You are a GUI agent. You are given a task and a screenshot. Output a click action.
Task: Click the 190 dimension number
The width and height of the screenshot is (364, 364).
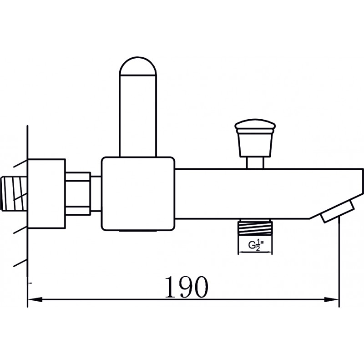(x=187, y=287)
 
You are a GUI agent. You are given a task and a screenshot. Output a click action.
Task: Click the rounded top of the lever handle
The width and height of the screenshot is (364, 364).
(x=138, y=66)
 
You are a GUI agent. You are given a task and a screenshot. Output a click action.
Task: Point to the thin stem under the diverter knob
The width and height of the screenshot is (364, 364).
(x=255, y=162)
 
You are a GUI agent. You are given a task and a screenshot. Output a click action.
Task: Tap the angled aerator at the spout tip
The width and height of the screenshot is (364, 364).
(x=338, y=211)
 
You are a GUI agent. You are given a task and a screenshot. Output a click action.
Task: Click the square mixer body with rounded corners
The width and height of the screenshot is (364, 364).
(x=138, y=194)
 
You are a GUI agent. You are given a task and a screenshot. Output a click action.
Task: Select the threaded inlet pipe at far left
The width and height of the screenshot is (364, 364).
(x=14, y=194)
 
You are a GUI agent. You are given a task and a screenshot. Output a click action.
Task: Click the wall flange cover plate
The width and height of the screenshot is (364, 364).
(x=46, y=194)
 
